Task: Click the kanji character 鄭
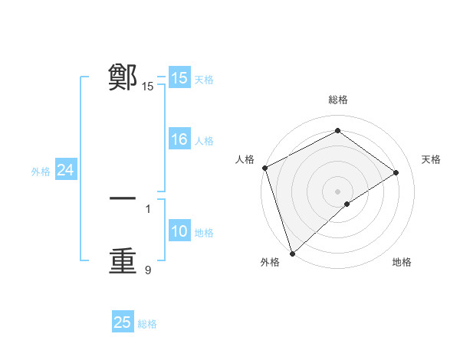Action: pos(123,77)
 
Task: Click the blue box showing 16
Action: pos(179,139)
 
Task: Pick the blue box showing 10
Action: pos(179,231)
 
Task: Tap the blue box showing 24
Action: pos(66,170)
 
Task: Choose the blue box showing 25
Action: pos(123,322)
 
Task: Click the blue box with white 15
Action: pos(179,78)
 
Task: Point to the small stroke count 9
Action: pos(148,270)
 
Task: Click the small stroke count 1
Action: pos(148,208)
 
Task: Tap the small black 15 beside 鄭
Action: pos(148,87)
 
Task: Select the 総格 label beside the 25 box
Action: pos(147,324)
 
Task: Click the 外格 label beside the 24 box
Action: pos(41,172)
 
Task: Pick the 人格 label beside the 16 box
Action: pos(204,141)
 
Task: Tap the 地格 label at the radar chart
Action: pos(402,263)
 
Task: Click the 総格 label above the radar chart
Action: pos(337,100)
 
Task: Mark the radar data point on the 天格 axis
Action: pos(396,172)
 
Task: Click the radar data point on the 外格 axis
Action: pos(292,253)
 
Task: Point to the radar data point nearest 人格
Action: pos(264,168)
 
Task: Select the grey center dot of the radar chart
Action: pos(337,191)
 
